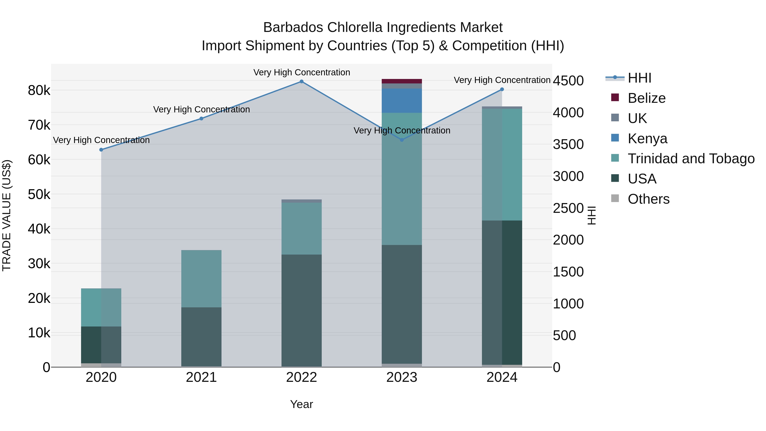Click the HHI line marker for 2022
pyautogui.click(x=302, y=82)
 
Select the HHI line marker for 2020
pyautogui.click(x=101, y=150)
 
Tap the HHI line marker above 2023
pyautogui.click(x=402, y=140)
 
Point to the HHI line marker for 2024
pyautogui.click(x=502, y=89)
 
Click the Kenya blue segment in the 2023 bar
pyautogui.click(x=402, y=100)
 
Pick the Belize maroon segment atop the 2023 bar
pyautogui.click(x=402, y=81)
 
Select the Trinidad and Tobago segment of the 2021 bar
pyautogui.click(x=201, y=279)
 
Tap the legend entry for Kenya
pyautogui.click(x=647, y=139)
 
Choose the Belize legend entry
pyautogui.click(x=646, y=98)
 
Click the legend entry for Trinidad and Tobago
pyautogui.click(x=691, y=159)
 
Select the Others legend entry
pyautogui.click(x=648, y=199)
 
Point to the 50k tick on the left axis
pyautogui.click(x=39, y=195)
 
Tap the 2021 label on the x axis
pyautogui.click(x=201, y=377)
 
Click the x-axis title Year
pyautogui.click(x=302, y=404)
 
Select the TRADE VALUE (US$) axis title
pyautogui.click(x=7, y=215)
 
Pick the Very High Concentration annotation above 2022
pyautogui.click(x=302, y=72)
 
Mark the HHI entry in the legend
pyautogui.click(x=639, y=78)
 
